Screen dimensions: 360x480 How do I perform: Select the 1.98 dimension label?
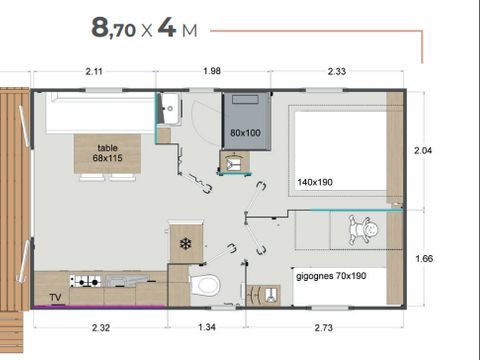pos(212,70)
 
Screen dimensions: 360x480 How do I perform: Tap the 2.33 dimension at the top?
pos(338,70)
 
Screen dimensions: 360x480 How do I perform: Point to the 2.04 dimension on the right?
pos(423,150)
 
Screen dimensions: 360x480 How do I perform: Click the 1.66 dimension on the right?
pos(423,257)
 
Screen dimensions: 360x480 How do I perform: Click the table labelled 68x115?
pos(107,153)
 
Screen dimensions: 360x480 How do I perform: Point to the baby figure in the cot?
pos(362,230)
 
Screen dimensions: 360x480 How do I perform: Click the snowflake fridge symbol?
pos(184,243)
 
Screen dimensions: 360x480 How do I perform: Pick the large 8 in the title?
pos(101,27)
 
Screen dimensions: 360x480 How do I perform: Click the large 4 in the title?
pos(166,27)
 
